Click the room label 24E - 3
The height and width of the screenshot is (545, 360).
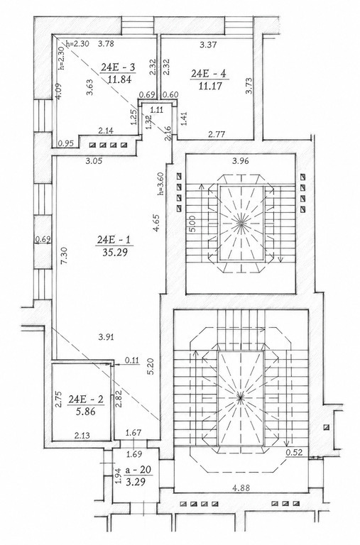pos(118,67)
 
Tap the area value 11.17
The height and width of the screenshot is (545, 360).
pos(210,85)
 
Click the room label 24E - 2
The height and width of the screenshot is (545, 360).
pos(86,400)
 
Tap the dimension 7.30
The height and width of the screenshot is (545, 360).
pos(64,256)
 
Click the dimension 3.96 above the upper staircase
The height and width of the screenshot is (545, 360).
pos(241,161)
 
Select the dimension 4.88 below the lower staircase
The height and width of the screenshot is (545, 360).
pos(241,488)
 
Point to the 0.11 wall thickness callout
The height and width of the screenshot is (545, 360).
pos(131,360)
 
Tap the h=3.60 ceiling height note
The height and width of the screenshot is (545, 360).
pos(160,184)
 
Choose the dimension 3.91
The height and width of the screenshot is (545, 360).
pos(106,336)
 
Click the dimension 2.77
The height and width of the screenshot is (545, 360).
pos(216,133)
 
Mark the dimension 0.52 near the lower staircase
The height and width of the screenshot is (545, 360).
pos(292,453)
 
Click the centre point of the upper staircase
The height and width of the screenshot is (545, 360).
pos(241,224)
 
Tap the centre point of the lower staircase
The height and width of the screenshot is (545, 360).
pos(240,397)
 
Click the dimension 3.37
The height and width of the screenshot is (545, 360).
pos(209,45)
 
